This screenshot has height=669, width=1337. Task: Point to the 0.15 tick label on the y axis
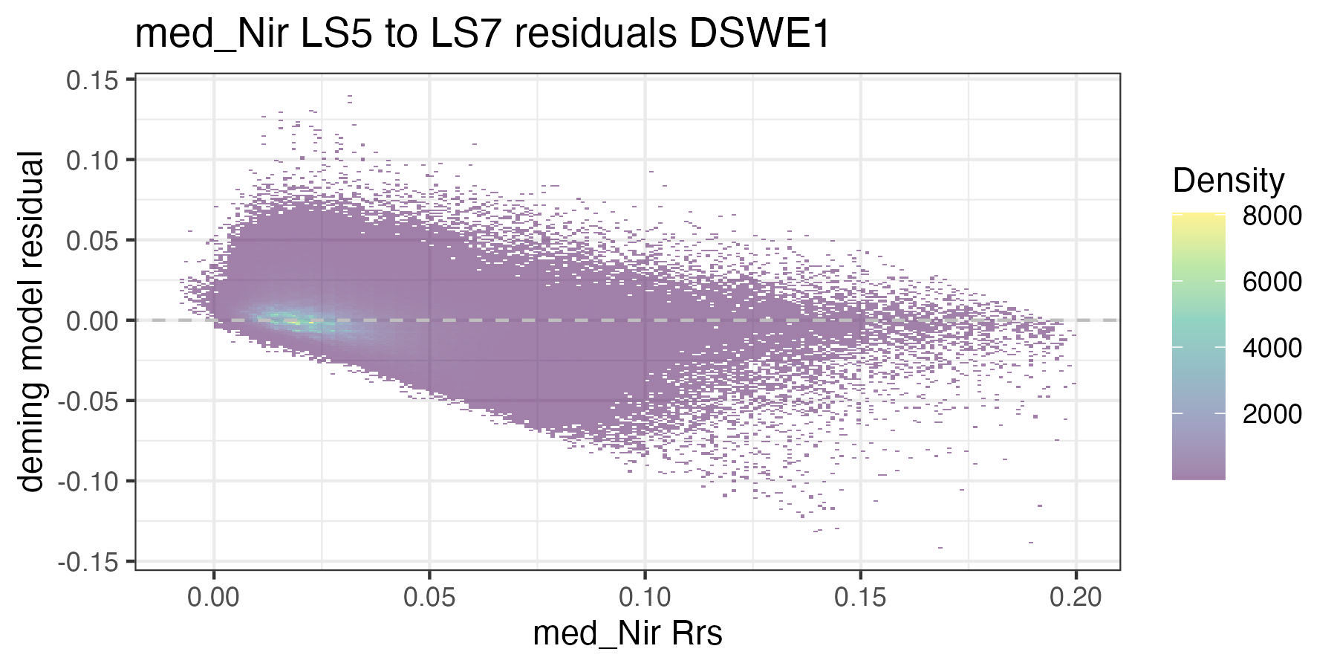pyautogui.click(x=92, y=80)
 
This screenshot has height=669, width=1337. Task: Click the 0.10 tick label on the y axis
pyautogui.click(x=92, y=160)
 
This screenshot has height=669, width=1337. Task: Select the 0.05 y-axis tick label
pyautogui.click(x=92, y=240)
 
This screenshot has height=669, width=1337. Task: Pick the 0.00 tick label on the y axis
pyautogui.click(x=92, y=320)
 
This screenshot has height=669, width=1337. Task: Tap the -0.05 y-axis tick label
pyautogui.click(x=88, y=401)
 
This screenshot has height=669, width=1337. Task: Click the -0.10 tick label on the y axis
pyautogui.click(x=88, y=481)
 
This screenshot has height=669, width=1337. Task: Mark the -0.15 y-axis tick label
pyautogui.click(x=88, y=562)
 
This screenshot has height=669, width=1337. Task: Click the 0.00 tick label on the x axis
pyautogui.click(x=214, y=597)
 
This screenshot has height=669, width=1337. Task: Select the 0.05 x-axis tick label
pyautogui.click(x=429, y=597)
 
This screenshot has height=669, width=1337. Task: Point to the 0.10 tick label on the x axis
pyautogui.click(x=645, y=597)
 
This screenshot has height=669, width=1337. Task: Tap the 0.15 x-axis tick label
pyautogui.click(x=860, y=597)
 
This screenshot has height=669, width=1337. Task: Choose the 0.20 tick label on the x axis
pyautogui.click(x=1076, y=597)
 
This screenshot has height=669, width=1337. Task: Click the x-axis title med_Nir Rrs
pyautogui.click(x=628, y=634)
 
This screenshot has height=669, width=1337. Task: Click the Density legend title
pyautogui.click(x=1228, y=181)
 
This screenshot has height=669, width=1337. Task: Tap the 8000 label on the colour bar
pyautogui.click(x=1272, y=216)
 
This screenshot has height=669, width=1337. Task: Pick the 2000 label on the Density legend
pyautogui.click(x=1272, y=414)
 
